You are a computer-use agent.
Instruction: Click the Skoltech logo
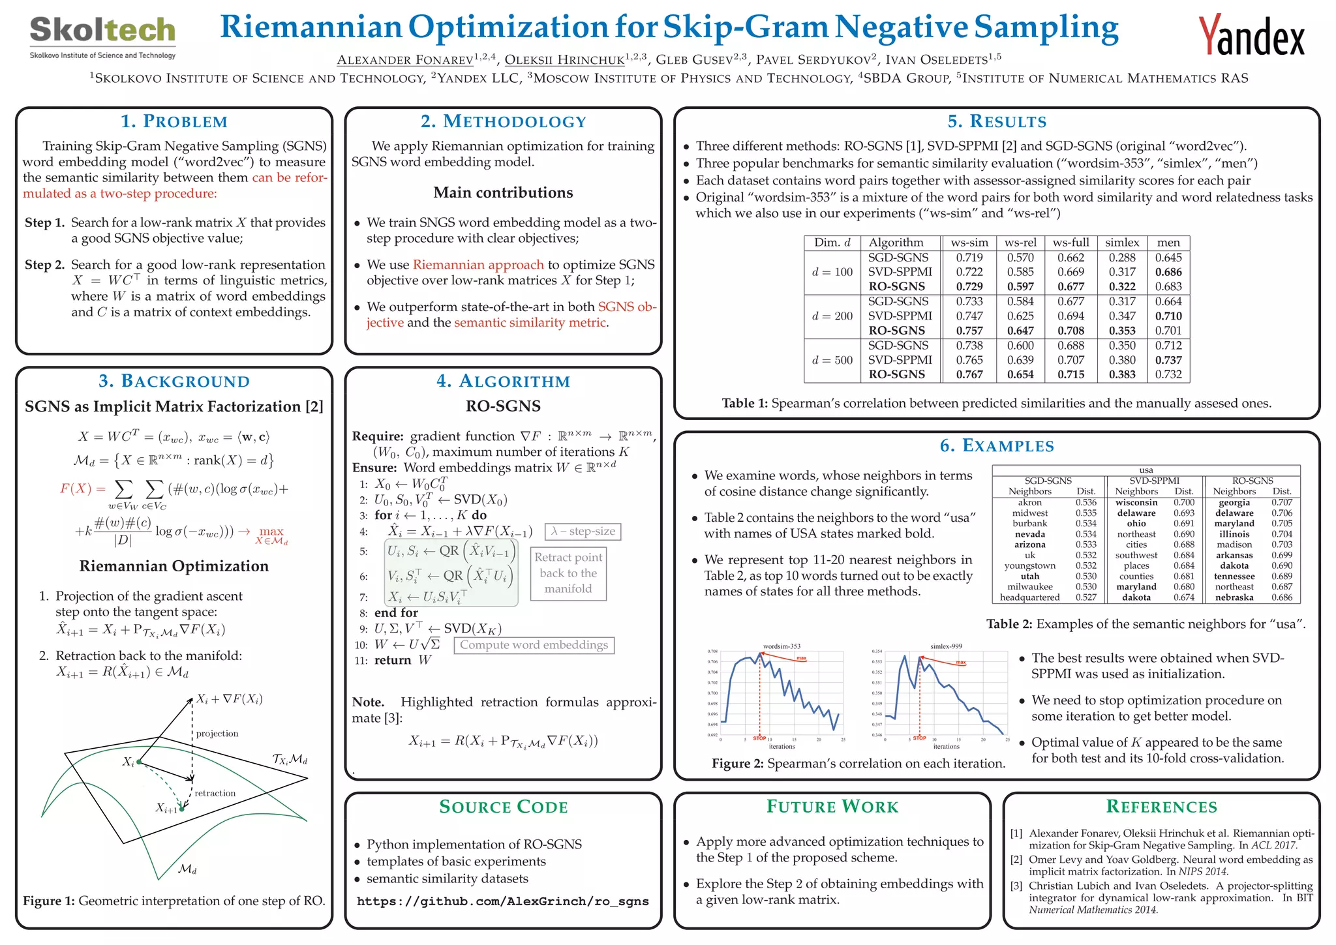[102, 37]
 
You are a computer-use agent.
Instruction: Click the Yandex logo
[1251, 37]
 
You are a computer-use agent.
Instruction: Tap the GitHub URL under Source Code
[503, 901]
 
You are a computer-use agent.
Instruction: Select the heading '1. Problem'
[174, 121]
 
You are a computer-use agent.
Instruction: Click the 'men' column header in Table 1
[1168, 243]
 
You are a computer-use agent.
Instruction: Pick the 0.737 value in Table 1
[1168, 360]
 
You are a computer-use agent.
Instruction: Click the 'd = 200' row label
[832, 316]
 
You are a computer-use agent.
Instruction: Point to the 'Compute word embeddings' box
[534, 645]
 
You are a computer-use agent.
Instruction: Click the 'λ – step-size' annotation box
[583, 532]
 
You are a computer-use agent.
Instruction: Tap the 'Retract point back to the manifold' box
[568, 573]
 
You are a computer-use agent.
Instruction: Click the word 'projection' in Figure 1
[217, 734]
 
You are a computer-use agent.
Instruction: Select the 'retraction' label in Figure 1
[215, 793]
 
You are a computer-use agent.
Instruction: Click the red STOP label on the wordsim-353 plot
[759, 738]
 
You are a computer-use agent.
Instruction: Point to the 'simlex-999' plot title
[946, 646]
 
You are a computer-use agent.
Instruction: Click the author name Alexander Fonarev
[404, 60]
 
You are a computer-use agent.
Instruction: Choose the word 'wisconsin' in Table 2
[1136, 503]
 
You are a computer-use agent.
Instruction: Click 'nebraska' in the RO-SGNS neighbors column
[1234, 597]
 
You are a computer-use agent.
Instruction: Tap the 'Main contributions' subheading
[503, 192]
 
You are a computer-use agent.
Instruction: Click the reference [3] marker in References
[1016, 886]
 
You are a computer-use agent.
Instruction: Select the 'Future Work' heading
[832, 807]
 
